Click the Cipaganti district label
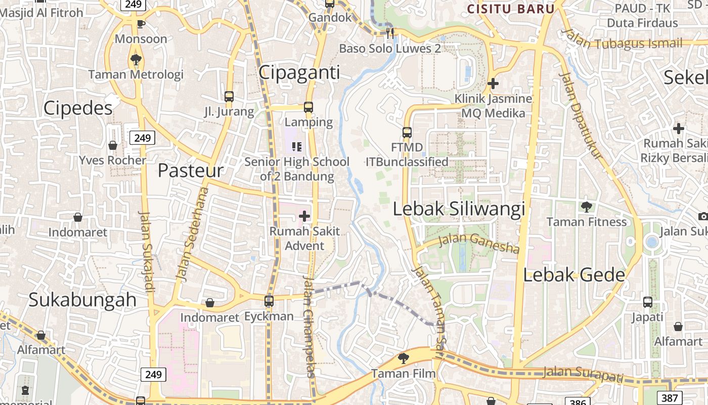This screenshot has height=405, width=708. pos(299,72)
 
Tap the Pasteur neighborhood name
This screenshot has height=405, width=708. pos(191,171)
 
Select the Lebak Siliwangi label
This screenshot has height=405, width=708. pos(459,209)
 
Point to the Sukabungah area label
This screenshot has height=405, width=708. pos(82,299)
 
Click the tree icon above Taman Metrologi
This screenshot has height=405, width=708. pos(136,59)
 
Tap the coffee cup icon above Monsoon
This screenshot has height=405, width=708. pos(141,24)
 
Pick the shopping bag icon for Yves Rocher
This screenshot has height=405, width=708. pos(113,145)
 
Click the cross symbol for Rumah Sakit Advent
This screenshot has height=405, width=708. pos(304,216)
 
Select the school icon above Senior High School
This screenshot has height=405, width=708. pos(297,147)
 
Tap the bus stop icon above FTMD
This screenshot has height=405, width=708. pos(407,133)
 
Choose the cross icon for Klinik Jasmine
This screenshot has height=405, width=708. pos(493,84)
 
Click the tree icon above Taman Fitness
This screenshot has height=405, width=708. pos(587,207)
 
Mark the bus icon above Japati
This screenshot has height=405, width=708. pos(647,302)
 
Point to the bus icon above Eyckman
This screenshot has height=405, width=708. pos(269,301)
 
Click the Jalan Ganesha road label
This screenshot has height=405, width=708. pos(478,243)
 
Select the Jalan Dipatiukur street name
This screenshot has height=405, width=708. pos(583,116)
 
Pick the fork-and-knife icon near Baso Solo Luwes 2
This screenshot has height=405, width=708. pos(390,33)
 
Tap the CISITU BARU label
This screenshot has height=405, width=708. pos(511,9)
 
